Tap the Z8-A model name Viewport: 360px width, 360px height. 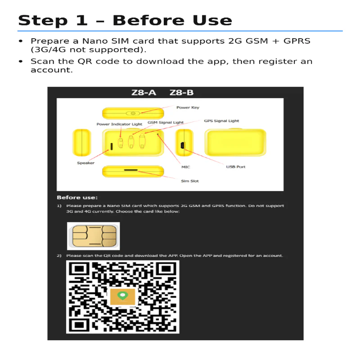pyautogui.click(x=144, y=93)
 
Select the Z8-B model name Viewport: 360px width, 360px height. pyautogui.click(x=181, y=93)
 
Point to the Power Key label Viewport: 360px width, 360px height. pyautogui.click(x=188, y=108)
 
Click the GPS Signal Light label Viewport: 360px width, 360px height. pyautogui.click(x=221, y=121)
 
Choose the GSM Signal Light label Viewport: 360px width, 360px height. pyautogui.click(x=166, y=122)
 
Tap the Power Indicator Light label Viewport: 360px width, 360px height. pyautogui.click(x=119, y=124)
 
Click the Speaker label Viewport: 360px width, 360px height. pyautogui.click(x=85, y=163)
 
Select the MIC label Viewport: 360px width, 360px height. pyautogui.click(x=185, y=167)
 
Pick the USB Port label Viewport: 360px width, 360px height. pyautogui.click(x=235, y=167)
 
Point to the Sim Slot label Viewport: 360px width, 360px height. pyautogui.click(x=189, y=181)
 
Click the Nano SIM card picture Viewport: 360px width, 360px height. pyautogui.click(x=93, y=236)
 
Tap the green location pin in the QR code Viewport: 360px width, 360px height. pyautogui.click(x=122, y=296)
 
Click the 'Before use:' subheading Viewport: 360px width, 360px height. pyautogui.click(x=77, y=198)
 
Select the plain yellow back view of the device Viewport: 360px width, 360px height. pyautogui.click(x=235, y=142)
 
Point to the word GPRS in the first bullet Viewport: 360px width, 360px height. pyautogui.click(x=297, y=41)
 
